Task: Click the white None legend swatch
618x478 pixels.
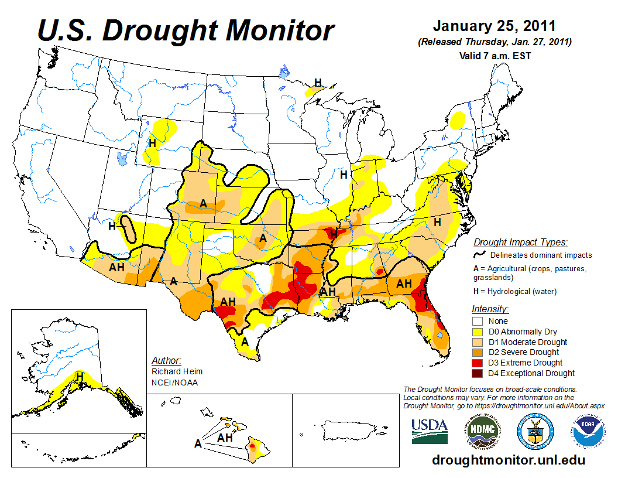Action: (x=478, y=321)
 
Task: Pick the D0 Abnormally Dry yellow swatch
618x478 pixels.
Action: (x=478, y=332)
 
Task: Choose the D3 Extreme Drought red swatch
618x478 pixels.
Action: (x=478, y=363)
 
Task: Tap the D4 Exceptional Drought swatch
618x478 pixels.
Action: (x=478, y=373)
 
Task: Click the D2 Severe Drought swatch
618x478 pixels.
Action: (x=478, y=352)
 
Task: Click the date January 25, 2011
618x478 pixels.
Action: (x=495, y=27)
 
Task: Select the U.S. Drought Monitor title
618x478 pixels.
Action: (x=186, y=30)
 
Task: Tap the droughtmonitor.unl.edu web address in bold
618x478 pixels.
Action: (x=509, y=460)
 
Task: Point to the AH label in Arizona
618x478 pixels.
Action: (x=116, y=267)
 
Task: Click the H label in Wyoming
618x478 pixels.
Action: (x=152, y=142)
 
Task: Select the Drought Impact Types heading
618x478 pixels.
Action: (x=520, y=242)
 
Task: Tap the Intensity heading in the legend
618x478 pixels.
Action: (x=490, y=309)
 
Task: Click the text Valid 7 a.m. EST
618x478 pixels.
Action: (x=495, y=56)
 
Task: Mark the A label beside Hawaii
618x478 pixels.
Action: (x=198, y=444)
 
